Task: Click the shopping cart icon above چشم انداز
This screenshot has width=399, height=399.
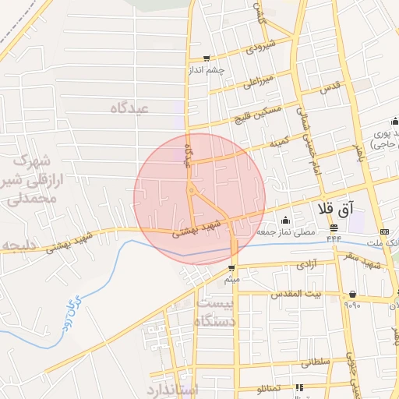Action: click(x=206, y=58)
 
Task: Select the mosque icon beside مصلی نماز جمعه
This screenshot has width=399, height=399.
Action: click(x=285, y=220)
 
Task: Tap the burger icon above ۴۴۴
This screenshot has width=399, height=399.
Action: click(x=334, y=228)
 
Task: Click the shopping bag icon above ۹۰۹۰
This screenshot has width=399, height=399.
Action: click(x=353, y=294)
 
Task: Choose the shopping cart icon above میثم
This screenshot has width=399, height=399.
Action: click(x=231, y=268)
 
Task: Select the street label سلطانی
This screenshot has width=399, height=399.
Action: click(x=315, y=362)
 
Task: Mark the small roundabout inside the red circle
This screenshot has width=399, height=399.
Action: click(x=191, y=191)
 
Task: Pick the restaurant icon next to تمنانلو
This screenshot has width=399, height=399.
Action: click(x=298, y=387)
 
